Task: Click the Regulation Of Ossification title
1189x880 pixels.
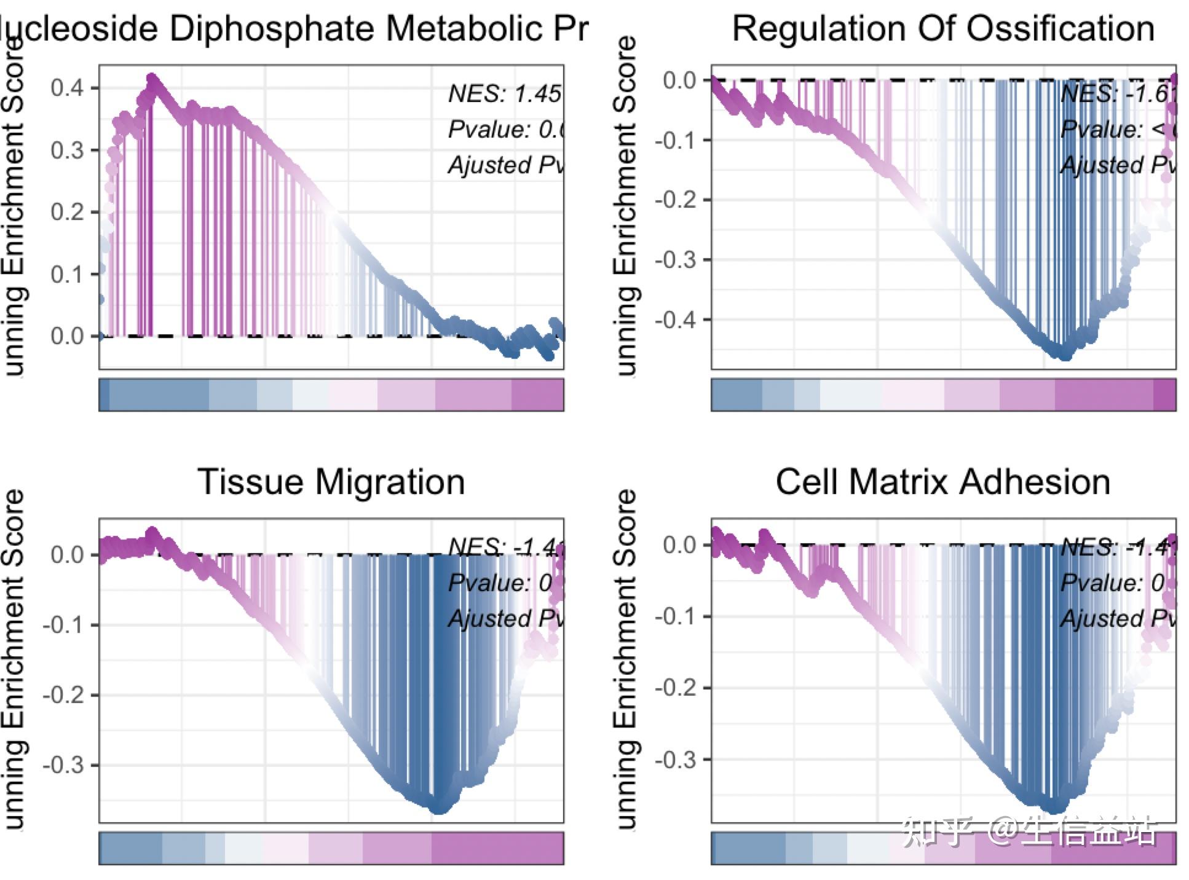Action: [943, 29]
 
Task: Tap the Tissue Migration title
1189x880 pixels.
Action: [331, 482]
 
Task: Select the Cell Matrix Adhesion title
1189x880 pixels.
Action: [942, 482]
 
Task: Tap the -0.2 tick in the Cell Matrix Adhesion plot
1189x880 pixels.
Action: [674, 688]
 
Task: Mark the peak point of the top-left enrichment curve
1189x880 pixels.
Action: [152, 79]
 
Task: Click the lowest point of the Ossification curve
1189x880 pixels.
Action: [1065, 355]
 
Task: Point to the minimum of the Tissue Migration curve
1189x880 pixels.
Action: [438, 808]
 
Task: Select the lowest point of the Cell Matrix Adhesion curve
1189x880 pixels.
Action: [1055, 807]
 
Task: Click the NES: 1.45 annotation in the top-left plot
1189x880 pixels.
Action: [504, 94]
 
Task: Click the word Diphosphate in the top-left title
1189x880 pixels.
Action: [271, 29]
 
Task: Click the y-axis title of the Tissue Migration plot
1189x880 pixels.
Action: [14, 661]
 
